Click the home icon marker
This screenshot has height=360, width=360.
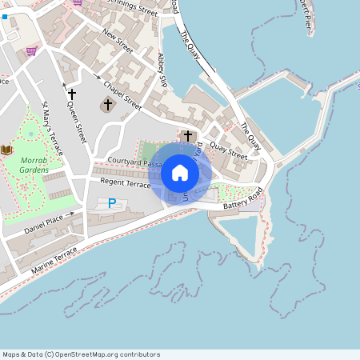click(180, 173)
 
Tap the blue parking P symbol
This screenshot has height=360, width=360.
click(112, 203)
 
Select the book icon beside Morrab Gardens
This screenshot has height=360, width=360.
click(7, 150)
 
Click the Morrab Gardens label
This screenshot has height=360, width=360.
click(34, 165)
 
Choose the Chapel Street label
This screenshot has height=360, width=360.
click(122, 94)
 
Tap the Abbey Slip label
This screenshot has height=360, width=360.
click(163, 70)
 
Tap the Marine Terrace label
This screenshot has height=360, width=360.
click(54, 261)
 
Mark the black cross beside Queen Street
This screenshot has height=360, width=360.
click(71, 94)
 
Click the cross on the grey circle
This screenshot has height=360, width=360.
click(108, 105)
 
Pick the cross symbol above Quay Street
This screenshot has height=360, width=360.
click(188, 136)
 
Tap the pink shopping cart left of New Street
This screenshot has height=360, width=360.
click(31, 51)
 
